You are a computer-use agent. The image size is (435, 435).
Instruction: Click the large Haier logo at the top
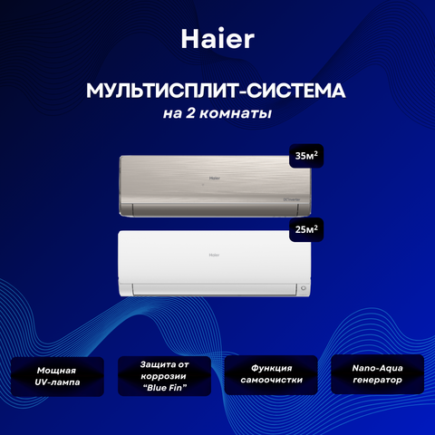217,39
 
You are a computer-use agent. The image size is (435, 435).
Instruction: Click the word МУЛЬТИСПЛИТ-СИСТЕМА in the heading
216,91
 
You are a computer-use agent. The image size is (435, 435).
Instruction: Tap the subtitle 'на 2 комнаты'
217,113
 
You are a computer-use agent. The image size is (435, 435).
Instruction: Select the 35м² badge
306,156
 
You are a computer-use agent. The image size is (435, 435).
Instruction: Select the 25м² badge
306,229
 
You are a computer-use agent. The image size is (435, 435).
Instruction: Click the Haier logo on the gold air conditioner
215,179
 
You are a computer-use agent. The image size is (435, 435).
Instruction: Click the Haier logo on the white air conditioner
215,255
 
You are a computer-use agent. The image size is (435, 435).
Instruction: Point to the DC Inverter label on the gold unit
292,199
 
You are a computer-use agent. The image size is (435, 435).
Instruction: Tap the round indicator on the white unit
304,288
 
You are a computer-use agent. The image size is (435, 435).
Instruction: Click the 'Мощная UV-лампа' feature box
57,376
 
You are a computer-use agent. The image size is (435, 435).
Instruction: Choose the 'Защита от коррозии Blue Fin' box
164,376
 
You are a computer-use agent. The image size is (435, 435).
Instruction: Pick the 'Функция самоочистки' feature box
271,374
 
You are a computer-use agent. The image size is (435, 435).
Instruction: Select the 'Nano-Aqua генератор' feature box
378,374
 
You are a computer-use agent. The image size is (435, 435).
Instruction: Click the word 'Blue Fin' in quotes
165,388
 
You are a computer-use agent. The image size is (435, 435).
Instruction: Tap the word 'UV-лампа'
57,382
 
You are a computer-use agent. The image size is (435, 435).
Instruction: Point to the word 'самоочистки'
272,380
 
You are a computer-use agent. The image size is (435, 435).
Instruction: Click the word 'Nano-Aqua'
378,368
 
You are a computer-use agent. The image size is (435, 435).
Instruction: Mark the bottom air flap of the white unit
215,289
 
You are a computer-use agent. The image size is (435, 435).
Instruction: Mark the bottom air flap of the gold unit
215,209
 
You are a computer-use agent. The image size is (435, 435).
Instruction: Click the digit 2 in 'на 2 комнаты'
190,113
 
